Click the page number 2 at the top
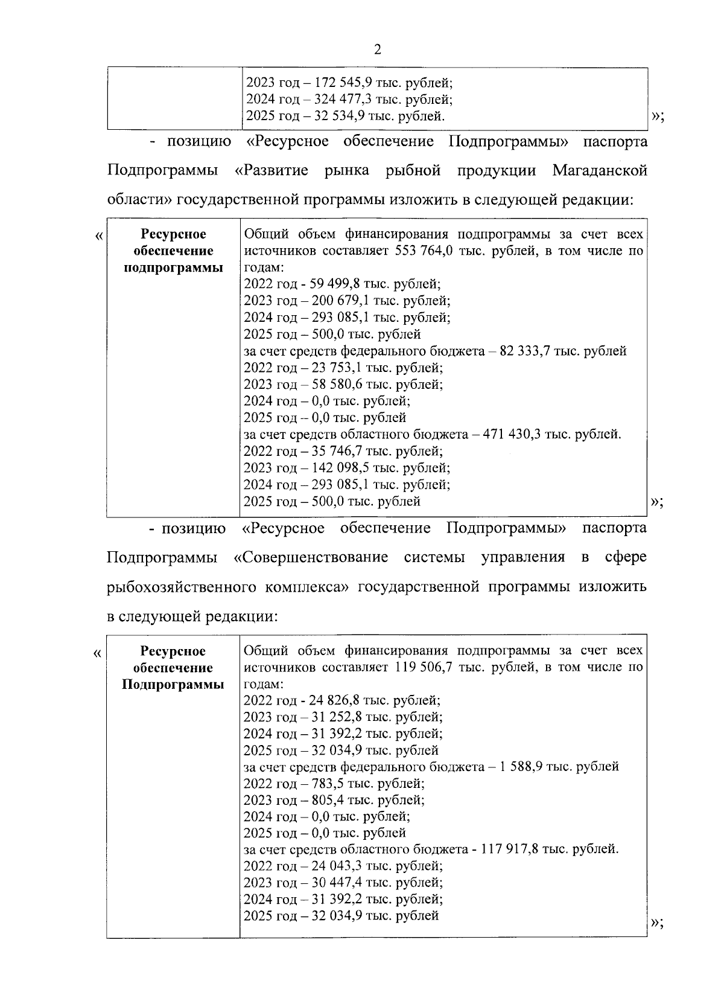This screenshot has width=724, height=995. click(377, 50)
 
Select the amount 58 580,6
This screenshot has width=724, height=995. click(335, 385)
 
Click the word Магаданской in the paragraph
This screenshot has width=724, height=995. click(600, 171)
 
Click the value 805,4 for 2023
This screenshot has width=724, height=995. click(326, 800)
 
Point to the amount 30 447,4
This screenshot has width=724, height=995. click(335, 883)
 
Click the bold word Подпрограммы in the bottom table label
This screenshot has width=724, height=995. click(173, 685)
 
